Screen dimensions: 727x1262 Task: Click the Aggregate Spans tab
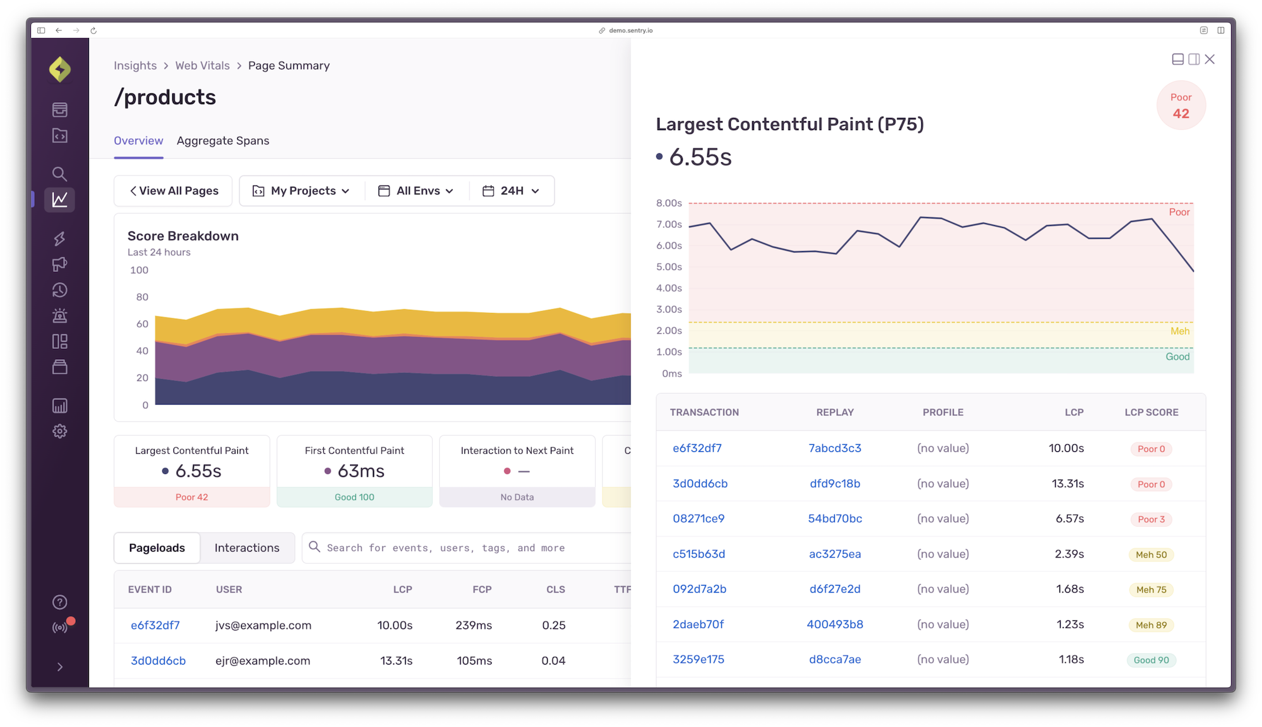click(223, 141)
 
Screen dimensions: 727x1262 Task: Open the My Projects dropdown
click(302, 191)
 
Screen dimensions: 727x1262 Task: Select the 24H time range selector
click(511, 191)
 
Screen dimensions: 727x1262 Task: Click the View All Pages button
click(174, 191)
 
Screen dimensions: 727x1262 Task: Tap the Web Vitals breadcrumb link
click(202, 66)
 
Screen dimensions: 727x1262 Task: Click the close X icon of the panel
click(1210, 59)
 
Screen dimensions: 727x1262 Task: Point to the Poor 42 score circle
click(1181, 105)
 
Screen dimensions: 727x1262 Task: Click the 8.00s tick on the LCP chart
click(669, 203)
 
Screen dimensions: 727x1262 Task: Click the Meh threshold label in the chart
click(1179, 331)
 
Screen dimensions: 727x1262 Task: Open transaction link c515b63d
click(699, 554)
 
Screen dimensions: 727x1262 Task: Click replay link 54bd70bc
click(835, 519)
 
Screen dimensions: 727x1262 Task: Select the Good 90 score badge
click(1151, 660)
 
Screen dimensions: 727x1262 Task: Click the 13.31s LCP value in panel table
click(1068, 484)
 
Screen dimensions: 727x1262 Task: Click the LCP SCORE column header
click(1151, 412)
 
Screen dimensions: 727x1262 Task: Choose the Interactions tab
click(247, 548)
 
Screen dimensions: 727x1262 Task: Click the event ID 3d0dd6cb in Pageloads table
click(158, 661)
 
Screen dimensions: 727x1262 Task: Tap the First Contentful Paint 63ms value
click(361, 471)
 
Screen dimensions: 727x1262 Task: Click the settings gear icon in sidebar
click(60, 432)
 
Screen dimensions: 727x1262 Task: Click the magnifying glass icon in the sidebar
click(60, 174)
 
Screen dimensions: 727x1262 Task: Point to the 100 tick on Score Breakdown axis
click(139, 270)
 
